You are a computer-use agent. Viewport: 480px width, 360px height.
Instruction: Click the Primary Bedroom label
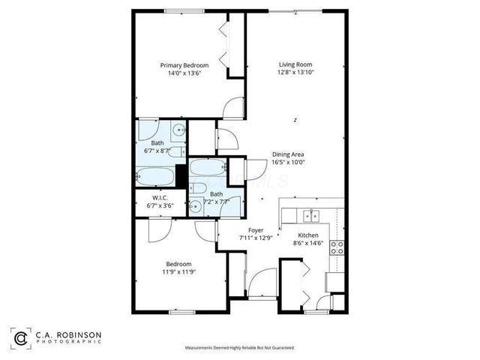point(184,65)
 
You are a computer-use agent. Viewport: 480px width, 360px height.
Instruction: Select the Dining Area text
point(288,154)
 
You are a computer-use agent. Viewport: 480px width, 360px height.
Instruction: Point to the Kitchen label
point(309,235)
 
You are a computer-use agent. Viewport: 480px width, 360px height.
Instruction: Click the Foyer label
point(255,230)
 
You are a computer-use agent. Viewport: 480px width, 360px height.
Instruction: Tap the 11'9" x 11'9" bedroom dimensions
point(178,272)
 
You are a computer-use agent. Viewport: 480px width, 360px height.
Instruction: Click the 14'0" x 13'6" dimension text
point(184,73)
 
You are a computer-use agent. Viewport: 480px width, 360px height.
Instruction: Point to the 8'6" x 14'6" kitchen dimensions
point(309,243)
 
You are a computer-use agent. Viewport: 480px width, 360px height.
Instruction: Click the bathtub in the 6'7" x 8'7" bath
point(157,177)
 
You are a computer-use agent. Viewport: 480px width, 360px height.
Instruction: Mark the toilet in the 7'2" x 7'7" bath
point(199,187)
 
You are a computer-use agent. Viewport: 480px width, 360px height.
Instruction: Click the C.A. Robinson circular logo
point(21,337)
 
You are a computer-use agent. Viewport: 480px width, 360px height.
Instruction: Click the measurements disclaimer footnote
point(240,348)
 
